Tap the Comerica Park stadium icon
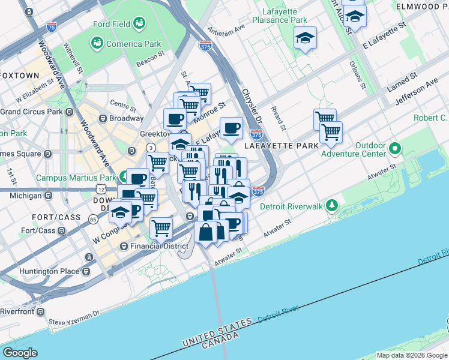tap(96, 43)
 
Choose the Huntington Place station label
tap(49, 271)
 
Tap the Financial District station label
tap(151, 246)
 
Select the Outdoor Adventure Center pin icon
tap(394, 148)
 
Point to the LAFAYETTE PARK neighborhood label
tap(276, 146)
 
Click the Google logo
tap(20, 353)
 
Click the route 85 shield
tap(92, 220)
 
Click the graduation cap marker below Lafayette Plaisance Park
tap(305, 38)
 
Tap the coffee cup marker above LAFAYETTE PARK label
tap(231, 127)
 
